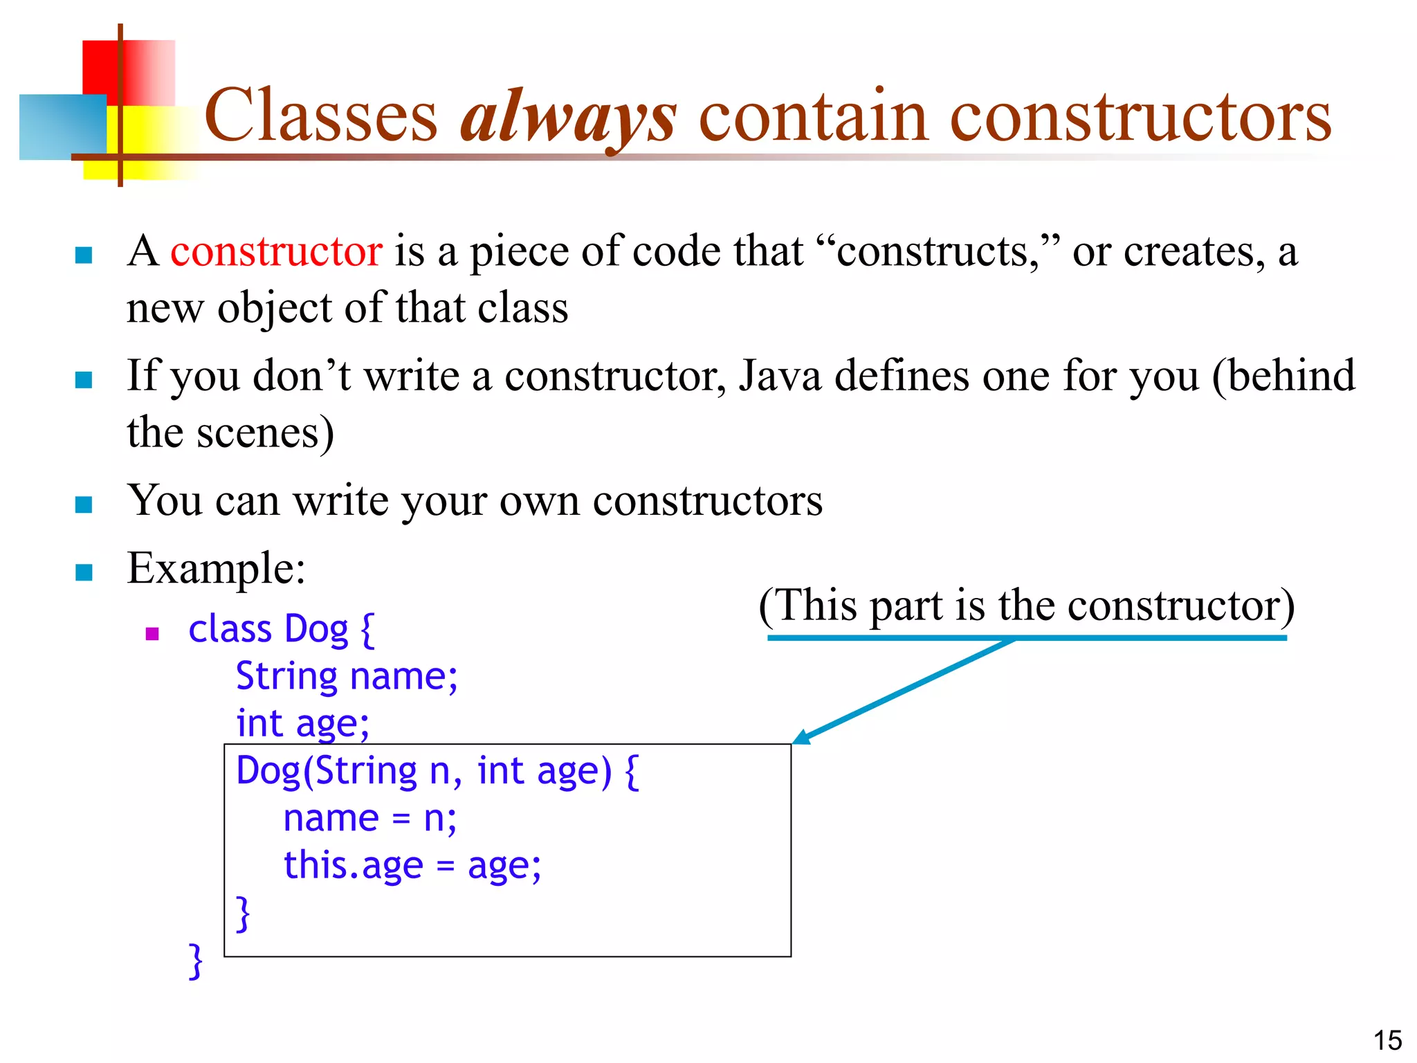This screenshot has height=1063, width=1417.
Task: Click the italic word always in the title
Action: [x=568, y=116]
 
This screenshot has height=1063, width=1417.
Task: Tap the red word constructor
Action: [x=276, y=251]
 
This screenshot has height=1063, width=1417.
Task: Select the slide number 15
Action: [x=1387, y=1040]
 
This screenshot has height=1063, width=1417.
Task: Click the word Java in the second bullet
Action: [x=779, y=376]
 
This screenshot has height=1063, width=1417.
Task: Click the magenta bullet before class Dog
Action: [x=153, y=633]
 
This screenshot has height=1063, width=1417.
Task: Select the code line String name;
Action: [x=347, y=676]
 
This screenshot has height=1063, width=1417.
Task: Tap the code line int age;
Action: [x=302, y=724]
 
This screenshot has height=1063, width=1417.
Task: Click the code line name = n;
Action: [x=370, y=819]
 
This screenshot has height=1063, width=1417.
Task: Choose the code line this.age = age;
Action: [x=412, y=866]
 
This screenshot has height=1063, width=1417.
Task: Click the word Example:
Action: [x=216, y=569]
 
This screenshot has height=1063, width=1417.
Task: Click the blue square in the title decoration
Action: [x=62, y=127]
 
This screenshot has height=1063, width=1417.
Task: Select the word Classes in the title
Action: [x=320, y=116]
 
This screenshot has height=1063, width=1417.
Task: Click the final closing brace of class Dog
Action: [x=196, y=961]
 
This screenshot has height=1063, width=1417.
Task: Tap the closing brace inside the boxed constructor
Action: [x=242, y=914]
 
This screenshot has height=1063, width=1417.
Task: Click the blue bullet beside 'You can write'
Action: [x=84, y=505]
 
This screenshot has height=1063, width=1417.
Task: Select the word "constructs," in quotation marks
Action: [x=938, y=251]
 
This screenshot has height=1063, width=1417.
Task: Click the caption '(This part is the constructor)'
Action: [x=1026, y=606]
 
